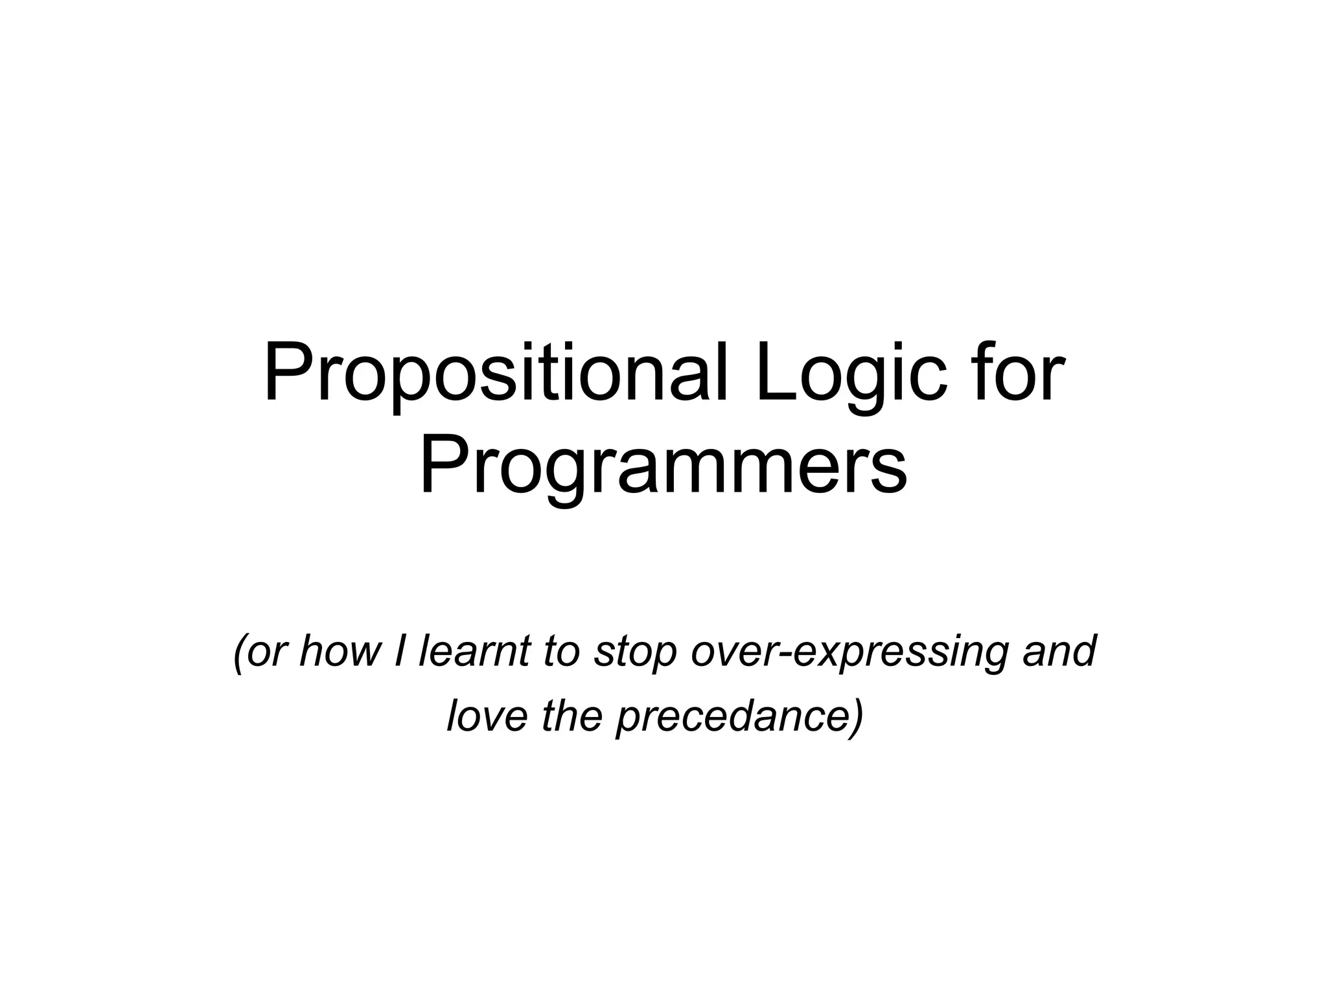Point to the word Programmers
(663, 468)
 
